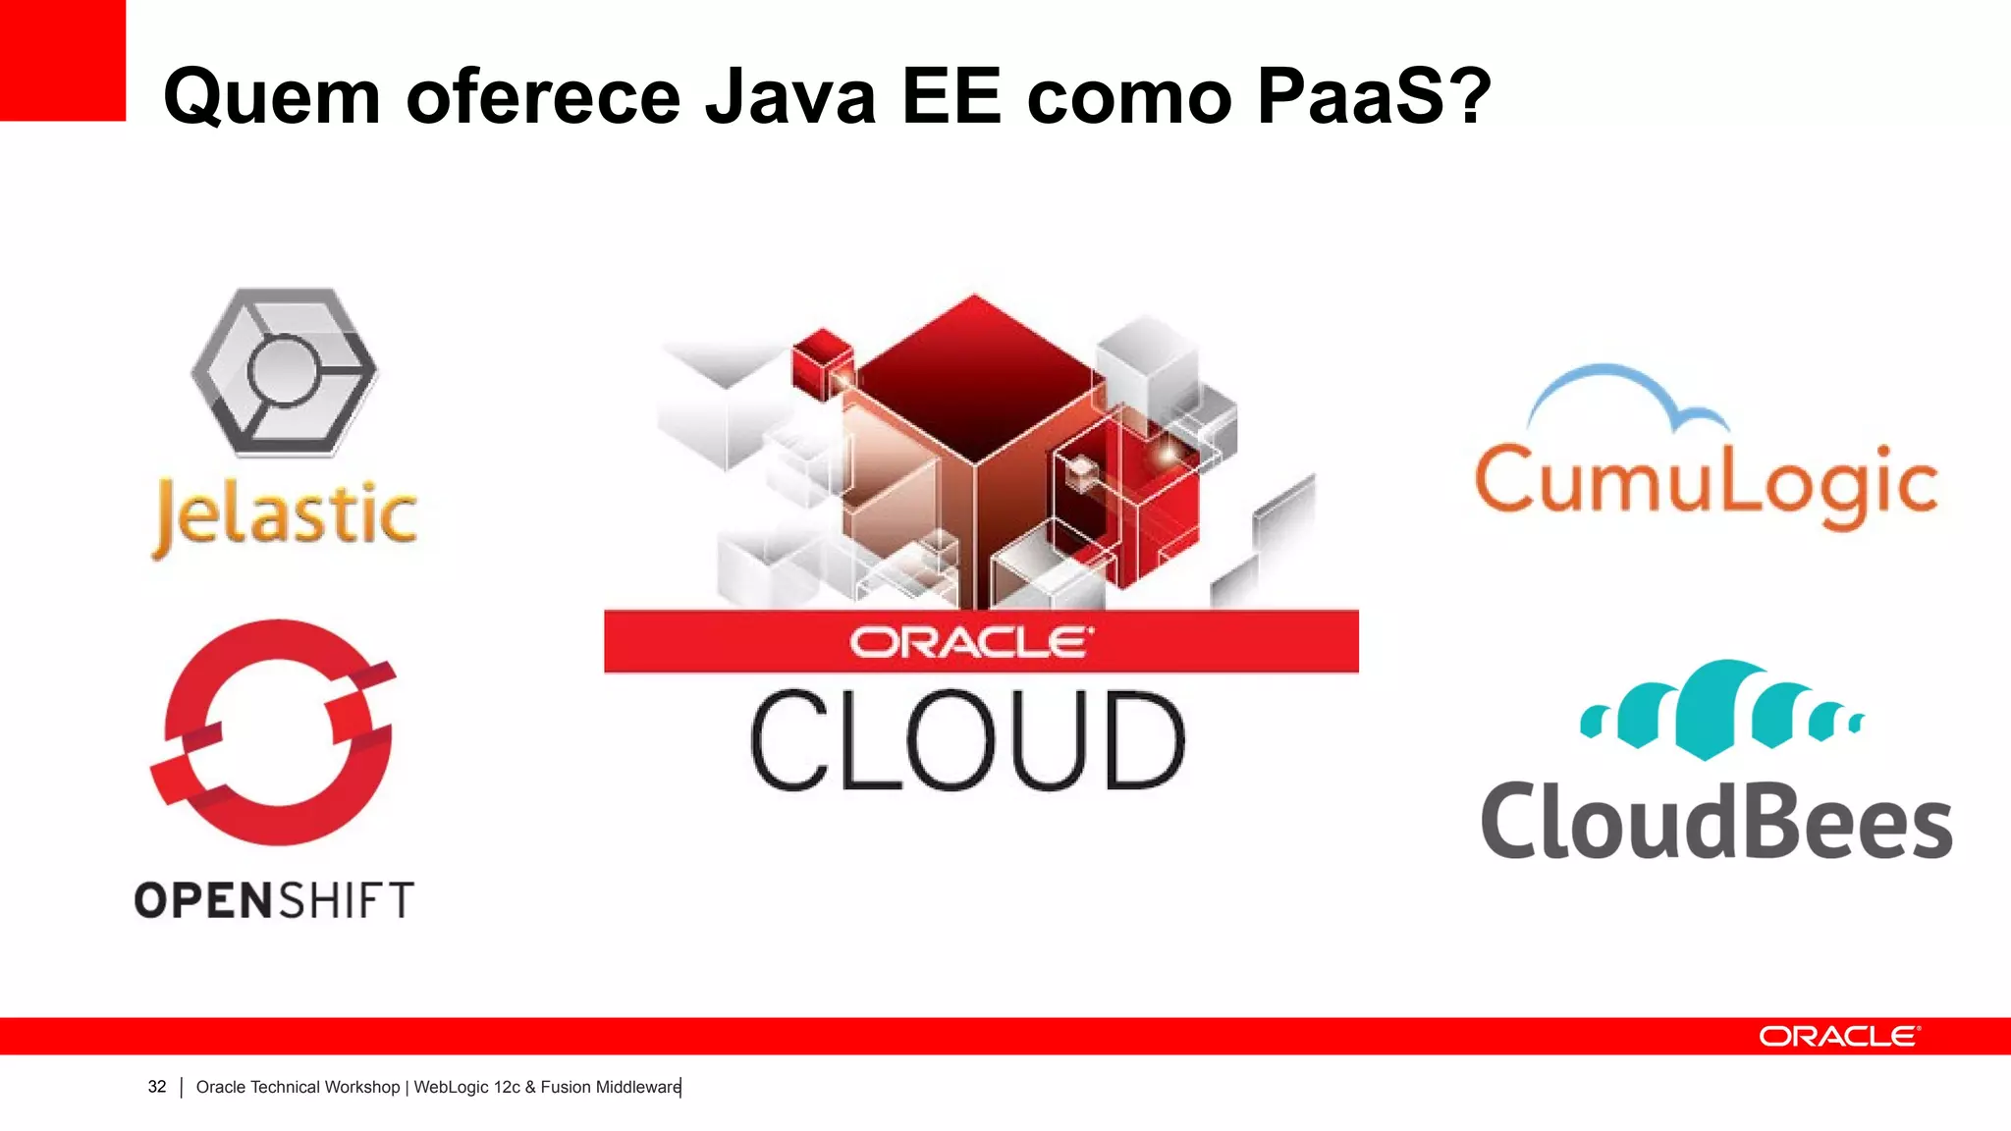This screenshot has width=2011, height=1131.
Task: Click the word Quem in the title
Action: coord(272,97)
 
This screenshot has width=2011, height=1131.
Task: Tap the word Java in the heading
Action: coord(789,97)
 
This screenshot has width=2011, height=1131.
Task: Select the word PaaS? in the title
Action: coord(1373,97)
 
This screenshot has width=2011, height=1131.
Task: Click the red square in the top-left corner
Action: coord(62,59)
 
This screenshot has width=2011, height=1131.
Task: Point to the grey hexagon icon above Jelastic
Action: coord(284,372)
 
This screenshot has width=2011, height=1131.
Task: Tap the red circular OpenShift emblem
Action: coord(274,731)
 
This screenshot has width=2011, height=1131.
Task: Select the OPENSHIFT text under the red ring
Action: coord(275,900)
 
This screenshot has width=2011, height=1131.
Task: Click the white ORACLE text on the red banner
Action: coord(970,643)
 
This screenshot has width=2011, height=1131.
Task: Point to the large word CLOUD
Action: coord(968,741)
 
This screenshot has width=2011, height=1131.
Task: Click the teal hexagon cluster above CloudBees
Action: coord(1720,710)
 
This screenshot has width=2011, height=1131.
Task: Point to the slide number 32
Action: coord(157,1087)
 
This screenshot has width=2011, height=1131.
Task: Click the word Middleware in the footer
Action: coord(637,1087)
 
